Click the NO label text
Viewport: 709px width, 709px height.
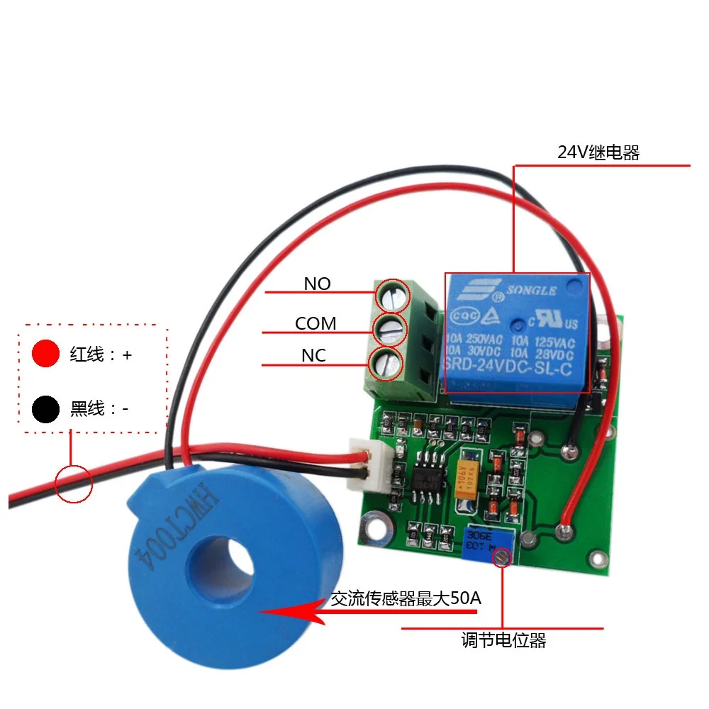317,284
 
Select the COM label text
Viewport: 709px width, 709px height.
316,324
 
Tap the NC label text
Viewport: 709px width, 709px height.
313,356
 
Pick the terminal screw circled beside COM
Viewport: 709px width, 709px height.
390,329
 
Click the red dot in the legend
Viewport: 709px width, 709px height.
45,354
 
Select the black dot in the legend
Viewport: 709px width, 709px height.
45,409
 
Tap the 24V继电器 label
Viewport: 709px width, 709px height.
598,152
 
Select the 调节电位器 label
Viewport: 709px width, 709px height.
503,641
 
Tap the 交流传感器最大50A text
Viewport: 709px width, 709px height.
406,599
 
